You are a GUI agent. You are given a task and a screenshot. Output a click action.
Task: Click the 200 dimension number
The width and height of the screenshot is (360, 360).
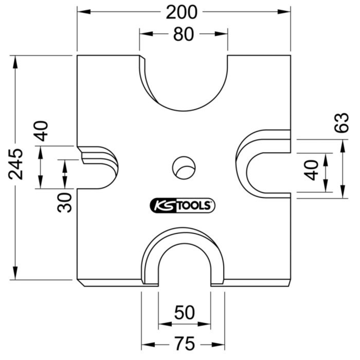tap(182, 12)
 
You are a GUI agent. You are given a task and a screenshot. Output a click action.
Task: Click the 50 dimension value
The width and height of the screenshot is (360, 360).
tap(184, 313)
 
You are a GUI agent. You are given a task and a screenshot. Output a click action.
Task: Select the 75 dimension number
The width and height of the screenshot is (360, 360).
tap(184, 343)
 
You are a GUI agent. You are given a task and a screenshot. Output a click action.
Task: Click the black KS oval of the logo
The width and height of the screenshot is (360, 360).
tap(162, 206)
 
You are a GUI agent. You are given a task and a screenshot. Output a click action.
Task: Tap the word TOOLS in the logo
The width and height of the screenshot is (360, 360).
tap(194, 206)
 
